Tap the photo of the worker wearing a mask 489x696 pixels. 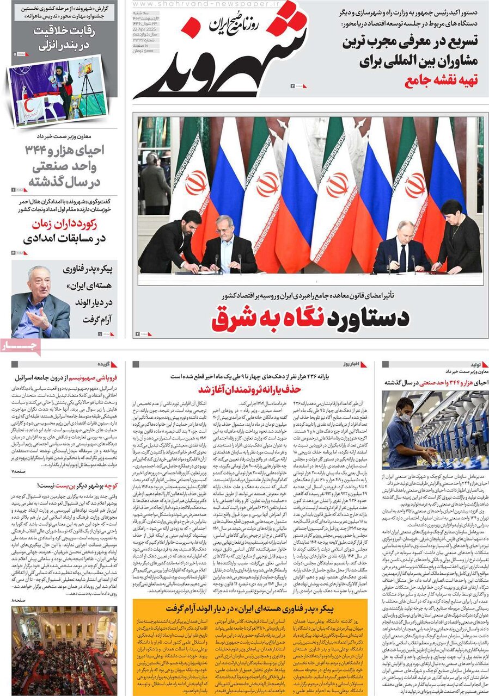[x=435, y=430]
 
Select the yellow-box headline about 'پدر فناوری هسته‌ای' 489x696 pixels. [x=248, y=607]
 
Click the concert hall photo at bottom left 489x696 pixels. [x=64, y=650]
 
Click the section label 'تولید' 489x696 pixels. [x=471, y=364]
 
